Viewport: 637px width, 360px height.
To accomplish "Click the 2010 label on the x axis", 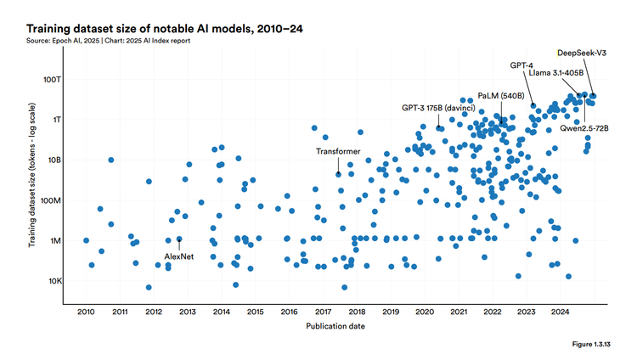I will coord(87,312).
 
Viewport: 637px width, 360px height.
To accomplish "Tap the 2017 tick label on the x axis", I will coord(323,312).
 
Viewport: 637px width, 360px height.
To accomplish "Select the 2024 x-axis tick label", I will coord(560,312).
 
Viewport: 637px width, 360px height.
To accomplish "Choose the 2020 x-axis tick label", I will coord(425,312).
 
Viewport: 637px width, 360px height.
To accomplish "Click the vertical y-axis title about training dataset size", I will coord(31,183).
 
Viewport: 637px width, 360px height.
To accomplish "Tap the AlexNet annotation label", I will coord(179,256).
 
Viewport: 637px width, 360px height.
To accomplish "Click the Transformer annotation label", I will coord(338,151).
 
